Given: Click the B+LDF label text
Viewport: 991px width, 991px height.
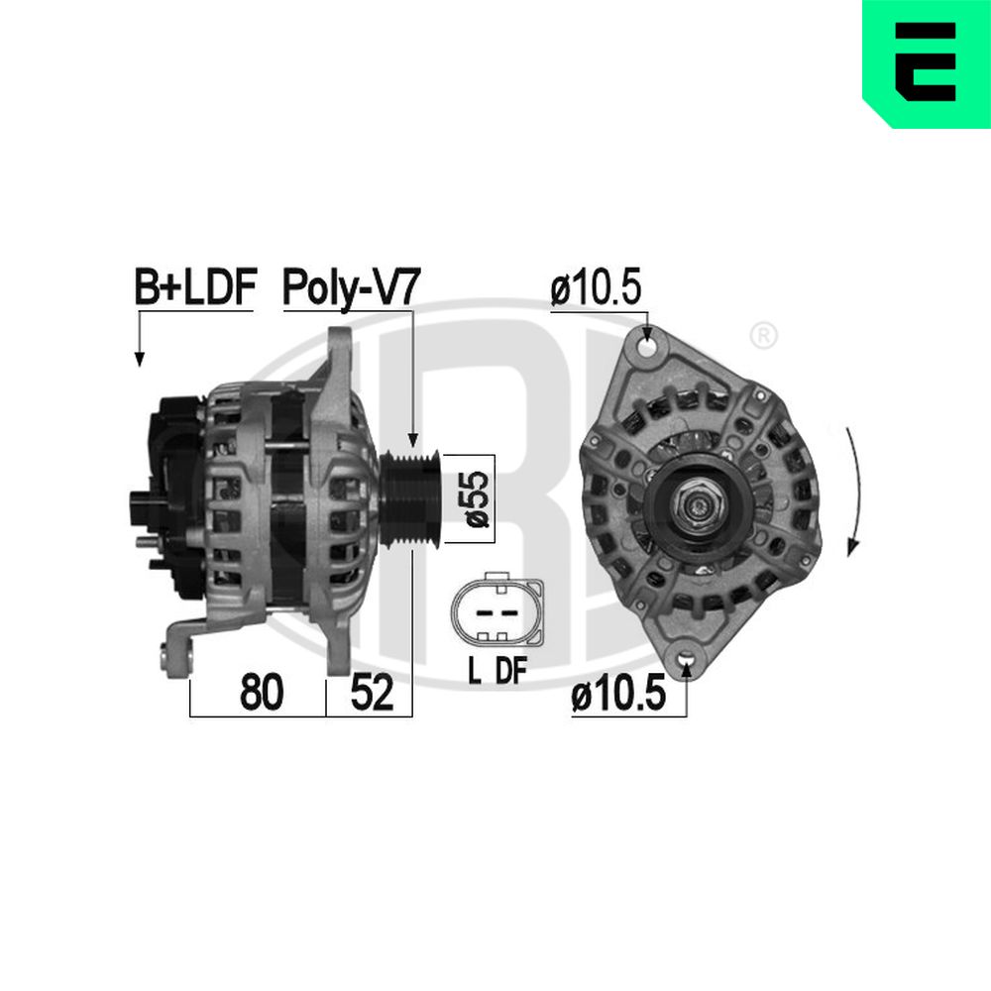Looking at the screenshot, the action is (x=194, y=287).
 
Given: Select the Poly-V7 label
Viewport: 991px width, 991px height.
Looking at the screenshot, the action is (x=352, y=288).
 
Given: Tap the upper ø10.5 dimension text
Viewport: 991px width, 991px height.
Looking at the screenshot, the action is (x=596, y=287).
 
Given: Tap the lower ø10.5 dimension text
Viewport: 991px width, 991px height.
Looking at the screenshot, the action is (x=618, y=693).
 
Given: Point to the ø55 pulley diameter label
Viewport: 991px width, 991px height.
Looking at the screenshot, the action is (x=478, y=498).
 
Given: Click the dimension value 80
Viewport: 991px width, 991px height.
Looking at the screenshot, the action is (x=261, y=692).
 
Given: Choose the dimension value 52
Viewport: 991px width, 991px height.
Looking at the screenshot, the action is (x=372, y=692).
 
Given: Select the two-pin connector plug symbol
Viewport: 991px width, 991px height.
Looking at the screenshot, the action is (x=496, y=609).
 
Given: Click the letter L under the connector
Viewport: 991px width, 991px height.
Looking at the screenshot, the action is (x=474, y=671).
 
